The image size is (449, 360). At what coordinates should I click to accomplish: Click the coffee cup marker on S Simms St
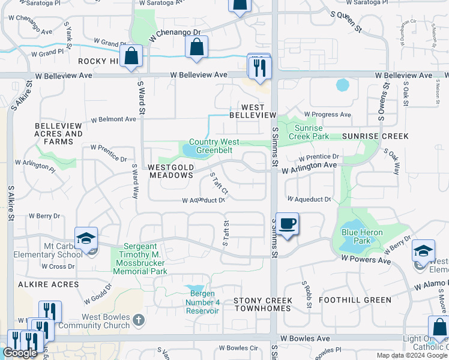[288, 224]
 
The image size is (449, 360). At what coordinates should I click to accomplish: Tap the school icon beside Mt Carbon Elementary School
[86, 238]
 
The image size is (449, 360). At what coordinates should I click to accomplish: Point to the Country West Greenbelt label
[214, 146]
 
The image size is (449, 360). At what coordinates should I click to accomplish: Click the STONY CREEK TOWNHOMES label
[263, 304]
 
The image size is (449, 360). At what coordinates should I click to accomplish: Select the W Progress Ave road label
[327, 114]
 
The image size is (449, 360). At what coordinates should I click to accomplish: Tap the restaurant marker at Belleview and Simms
[260, 67]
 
